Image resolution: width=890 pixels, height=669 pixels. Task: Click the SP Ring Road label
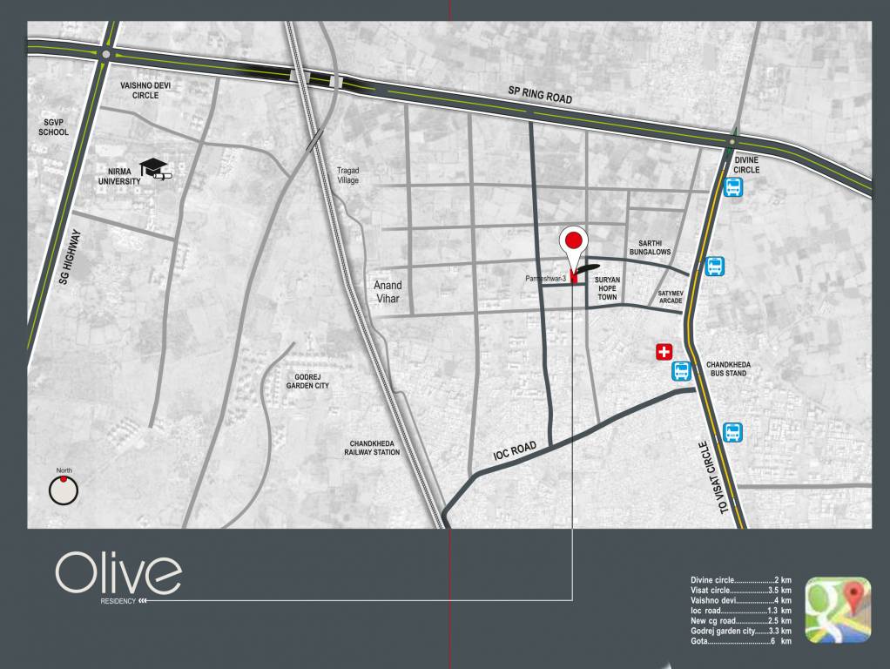pos(540,94)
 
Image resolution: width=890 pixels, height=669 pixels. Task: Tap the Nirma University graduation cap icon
pos(155,168)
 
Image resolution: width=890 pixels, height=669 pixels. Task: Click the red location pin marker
pos(573,244)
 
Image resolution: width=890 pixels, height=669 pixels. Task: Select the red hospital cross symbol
pos(664,352)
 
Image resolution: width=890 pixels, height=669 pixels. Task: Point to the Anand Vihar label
pos(388,291)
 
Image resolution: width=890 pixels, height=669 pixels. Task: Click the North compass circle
pos(64,491)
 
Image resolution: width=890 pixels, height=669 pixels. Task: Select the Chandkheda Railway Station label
pos(374,447)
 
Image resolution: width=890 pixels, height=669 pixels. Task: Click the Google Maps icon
pos(837,610)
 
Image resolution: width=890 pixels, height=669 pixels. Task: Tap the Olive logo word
pos(118,573)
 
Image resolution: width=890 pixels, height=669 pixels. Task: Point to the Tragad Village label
pos(348,175)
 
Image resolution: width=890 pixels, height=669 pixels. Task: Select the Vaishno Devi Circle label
pos(145,90)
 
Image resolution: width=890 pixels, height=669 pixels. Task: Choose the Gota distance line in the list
pos(740,641)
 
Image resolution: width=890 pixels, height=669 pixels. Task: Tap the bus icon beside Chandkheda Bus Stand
pos(682,372)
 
